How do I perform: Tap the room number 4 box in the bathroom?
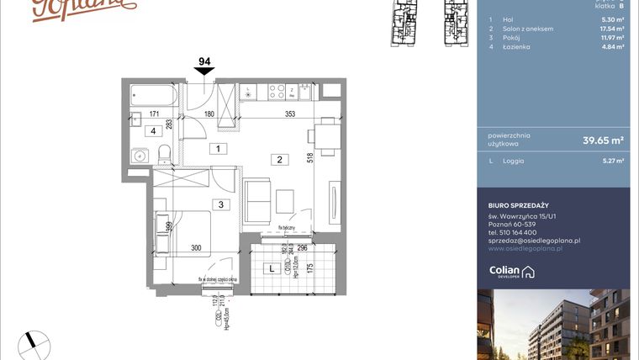[153, 131]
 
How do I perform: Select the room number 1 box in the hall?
[218, 149]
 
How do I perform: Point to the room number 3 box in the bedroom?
[220, 204]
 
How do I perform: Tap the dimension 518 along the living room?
[309, 157]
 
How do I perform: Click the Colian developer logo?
[512, 271]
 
